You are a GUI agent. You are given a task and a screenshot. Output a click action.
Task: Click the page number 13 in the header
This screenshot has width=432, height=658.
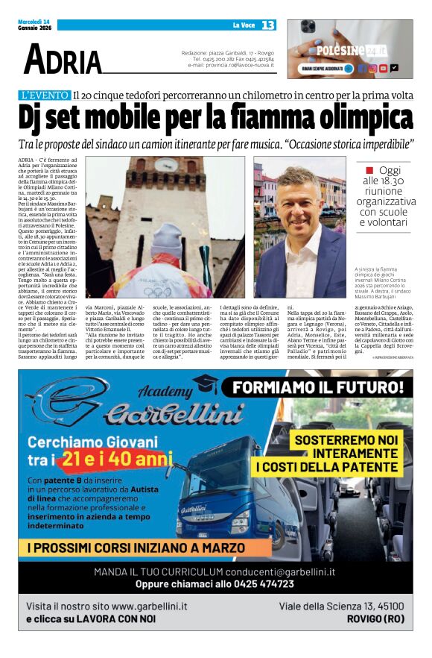(x=268, y=25)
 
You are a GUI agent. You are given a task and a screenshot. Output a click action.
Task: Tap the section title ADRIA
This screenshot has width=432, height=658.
(x=63, y=60)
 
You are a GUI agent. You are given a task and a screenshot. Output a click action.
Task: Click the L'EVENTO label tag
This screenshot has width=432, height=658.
(x=44, y=95)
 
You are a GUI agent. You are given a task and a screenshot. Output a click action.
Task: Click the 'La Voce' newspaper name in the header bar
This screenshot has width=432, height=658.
(x=243, y=25)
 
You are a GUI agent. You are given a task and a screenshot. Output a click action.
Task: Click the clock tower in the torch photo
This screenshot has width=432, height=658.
(x=171, y=187)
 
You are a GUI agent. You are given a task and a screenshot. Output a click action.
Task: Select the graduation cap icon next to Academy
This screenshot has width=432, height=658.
(x=203, y=383)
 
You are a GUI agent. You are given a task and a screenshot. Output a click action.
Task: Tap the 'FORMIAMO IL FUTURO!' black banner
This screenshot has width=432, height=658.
(x=320, y=388)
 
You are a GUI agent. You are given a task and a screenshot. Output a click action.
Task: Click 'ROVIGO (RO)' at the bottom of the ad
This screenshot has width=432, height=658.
(x=375, y=619)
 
